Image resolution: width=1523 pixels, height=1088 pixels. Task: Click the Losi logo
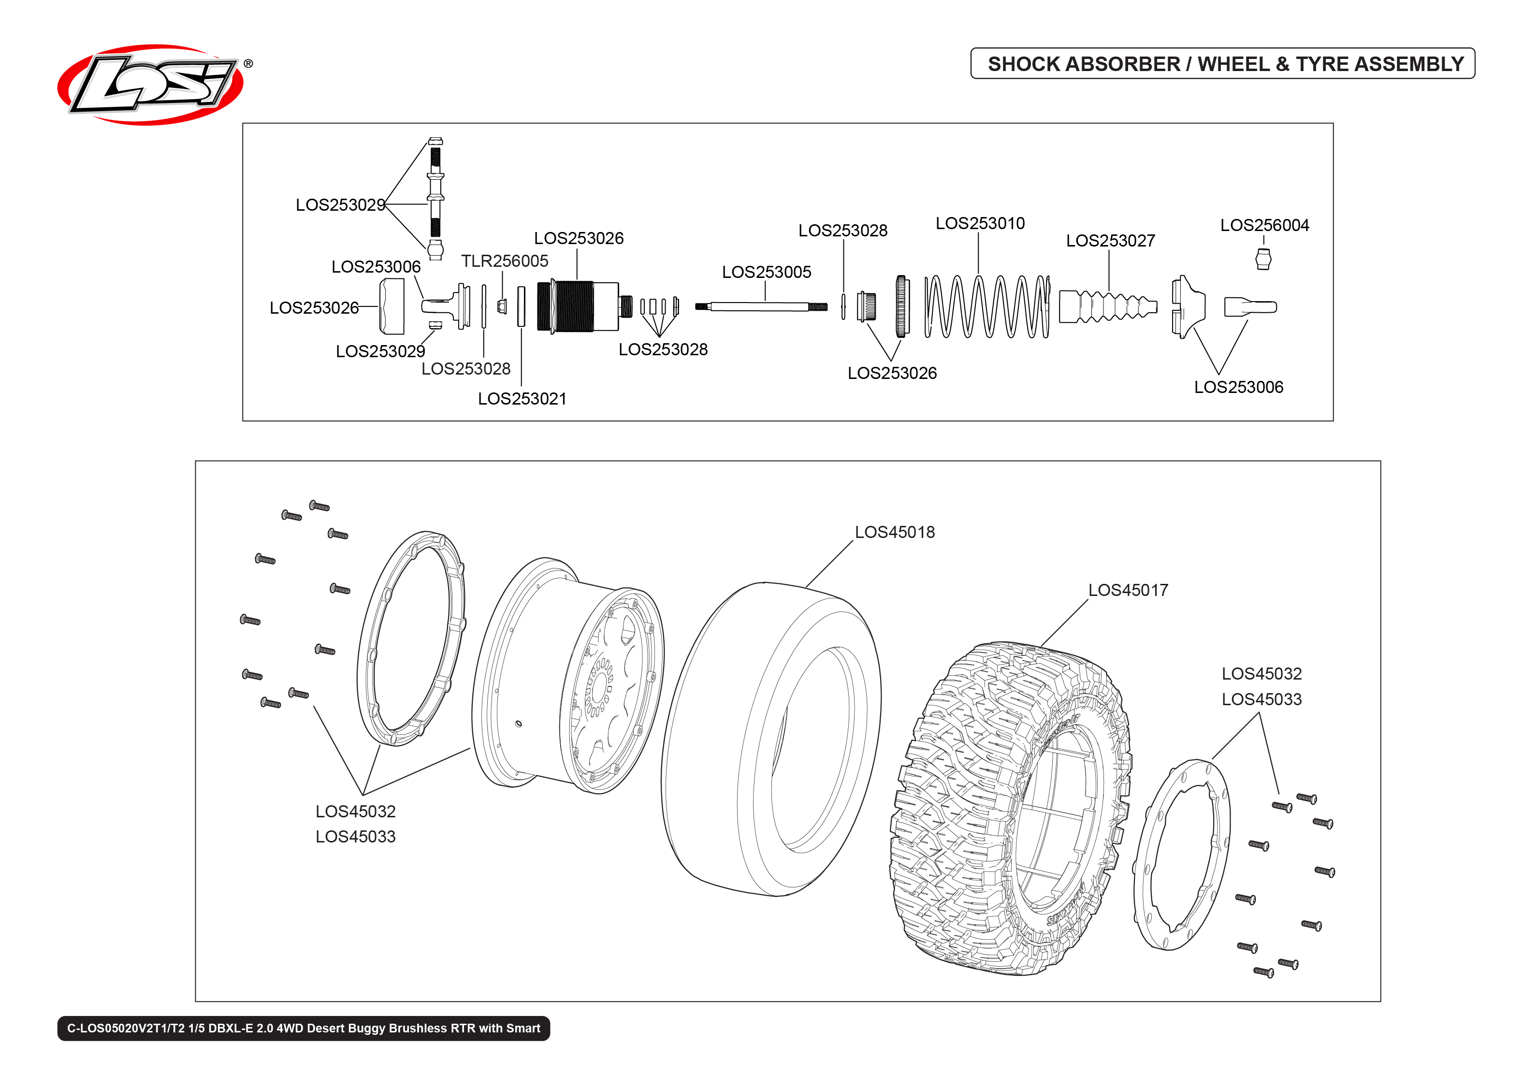click(x=151, y=85)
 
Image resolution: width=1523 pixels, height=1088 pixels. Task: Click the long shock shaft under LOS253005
click(x=760, y=307)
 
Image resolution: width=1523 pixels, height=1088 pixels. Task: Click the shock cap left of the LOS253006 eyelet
click(x=392, y=306)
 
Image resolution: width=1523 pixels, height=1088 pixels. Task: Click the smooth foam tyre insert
click(x=770, y=737)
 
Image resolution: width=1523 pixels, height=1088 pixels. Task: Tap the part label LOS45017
click(x=1127, y=590)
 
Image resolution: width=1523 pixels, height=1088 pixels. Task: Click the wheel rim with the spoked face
click(x=569, y=677)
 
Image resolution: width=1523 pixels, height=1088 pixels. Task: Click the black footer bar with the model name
click(x=304, y=1028)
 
